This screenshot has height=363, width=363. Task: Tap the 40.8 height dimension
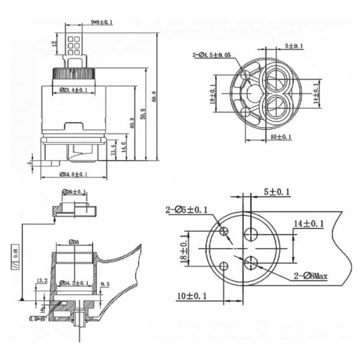click(x=132, y=123)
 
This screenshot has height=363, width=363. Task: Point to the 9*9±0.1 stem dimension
click(x=102, y=22)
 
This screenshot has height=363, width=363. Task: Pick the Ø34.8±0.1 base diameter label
click(x=73, y=174)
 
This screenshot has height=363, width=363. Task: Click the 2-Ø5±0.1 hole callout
click(x=187, y=210)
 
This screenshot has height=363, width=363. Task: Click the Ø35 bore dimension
click(x=74, y=242)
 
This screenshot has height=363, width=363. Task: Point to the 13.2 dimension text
click(x=41, y=280)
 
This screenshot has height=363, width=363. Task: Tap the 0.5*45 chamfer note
click(x=37, y=319)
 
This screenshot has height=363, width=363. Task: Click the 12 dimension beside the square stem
click(x=54, y=43)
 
